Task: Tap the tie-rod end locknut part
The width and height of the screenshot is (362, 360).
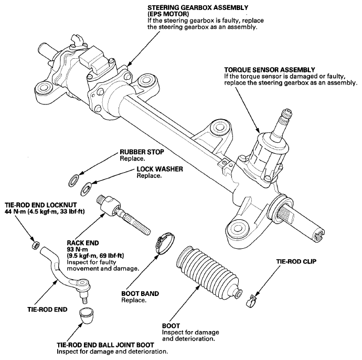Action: tap(35, 245)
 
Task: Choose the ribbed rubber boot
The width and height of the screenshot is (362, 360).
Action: tap(208, 273)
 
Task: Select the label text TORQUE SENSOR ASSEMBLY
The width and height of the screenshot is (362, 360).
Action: tap(270, 70)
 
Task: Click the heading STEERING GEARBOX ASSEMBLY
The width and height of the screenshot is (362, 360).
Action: tap(198, 8)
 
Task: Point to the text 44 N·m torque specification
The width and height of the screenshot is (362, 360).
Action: tap(15, 211)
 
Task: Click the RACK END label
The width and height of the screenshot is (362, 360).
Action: tap(83, 243)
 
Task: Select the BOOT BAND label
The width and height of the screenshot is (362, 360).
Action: tap(140, 293)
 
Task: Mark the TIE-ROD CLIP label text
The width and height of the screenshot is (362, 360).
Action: tap(296, 261)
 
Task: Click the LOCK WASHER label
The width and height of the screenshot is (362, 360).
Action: tap(160, 169)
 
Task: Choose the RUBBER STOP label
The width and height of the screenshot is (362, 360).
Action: tap(142, 152)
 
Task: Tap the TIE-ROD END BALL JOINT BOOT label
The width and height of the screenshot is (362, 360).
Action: tap(105, 345)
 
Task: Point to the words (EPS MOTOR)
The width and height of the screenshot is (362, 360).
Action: tap(168, 14)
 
